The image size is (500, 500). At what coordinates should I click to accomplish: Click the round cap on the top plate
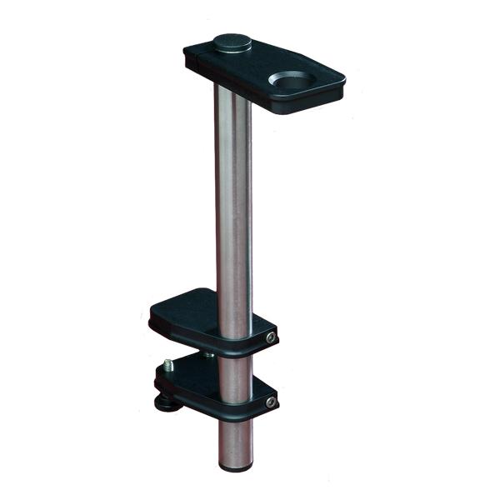[232, 41]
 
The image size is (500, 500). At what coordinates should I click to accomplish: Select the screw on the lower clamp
[270, 404]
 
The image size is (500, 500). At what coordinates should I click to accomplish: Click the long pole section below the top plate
[233, 192]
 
